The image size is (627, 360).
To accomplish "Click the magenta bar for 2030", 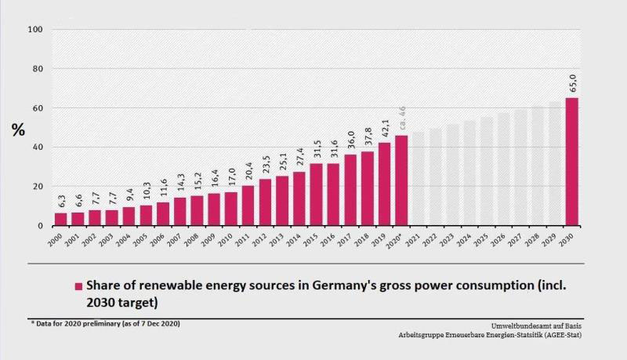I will click(x=572, y=162).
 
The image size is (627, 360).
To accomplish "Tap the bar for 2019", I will click(x=384, y=184).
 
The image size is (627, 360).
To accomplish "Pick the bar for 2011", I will click(x=248, y=205).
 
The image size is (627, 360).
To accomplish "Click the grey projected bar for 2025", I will click(x=487, y=172).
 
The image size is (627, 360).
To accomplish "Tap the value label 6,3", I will click(x=60, y=201).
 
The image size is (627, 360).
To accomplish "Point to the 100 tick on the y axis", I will click(x=35, y=30).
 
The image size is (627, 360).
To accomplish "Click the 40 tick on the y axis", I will click(x=38, y=147).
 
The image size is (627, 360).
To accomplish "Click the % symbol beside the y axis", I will click(x=17, y=130).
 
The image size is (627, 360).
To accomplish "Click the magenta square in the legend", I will click(x=78, y=286).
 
